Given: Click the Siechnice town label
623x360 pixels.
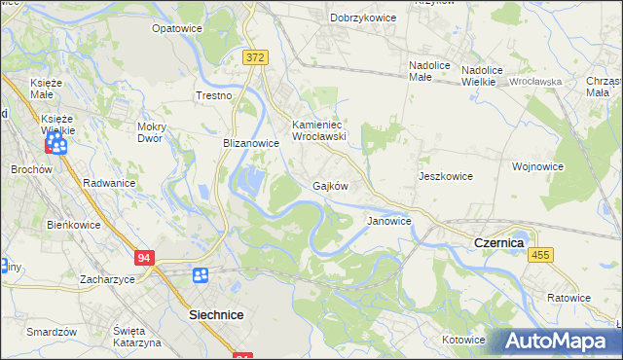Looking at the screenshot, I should (x=216, y=315).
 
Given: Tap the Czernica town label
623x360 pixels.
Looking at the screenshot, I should (x=498, y=241).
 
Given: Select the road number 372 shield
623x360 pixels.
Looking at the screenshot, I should (x=255, y=58).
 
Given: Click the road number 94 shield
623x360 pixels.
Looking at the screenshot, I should (x=144, y=258).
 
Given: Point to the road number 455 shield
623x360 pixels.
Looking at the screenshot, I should (x=542, y=254).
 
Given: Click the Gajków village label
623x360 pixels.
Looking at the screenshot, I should (x=330, y=185).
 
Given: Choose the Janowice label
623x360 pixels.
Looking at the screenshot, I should (x=388, y=221).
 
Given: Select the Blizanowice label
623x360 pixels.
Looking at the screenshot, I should (x=251, y=142).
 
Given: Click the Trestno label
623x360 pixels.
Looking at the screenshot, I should (x=214, y=96).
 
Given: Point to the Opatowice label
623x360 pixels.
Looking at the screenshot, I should (x=176, y=29).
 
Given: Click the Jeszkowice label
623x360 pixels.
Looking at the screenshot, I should (x=445, y=176).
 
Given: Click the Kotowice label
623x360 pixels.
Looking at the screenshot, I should (x=463, y=340).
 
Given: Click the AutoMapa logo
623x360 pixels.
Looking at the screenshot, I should (x=560, y=341).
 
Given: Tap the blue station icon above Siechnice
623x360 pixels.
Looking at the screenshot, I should (x=201, y=276).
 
